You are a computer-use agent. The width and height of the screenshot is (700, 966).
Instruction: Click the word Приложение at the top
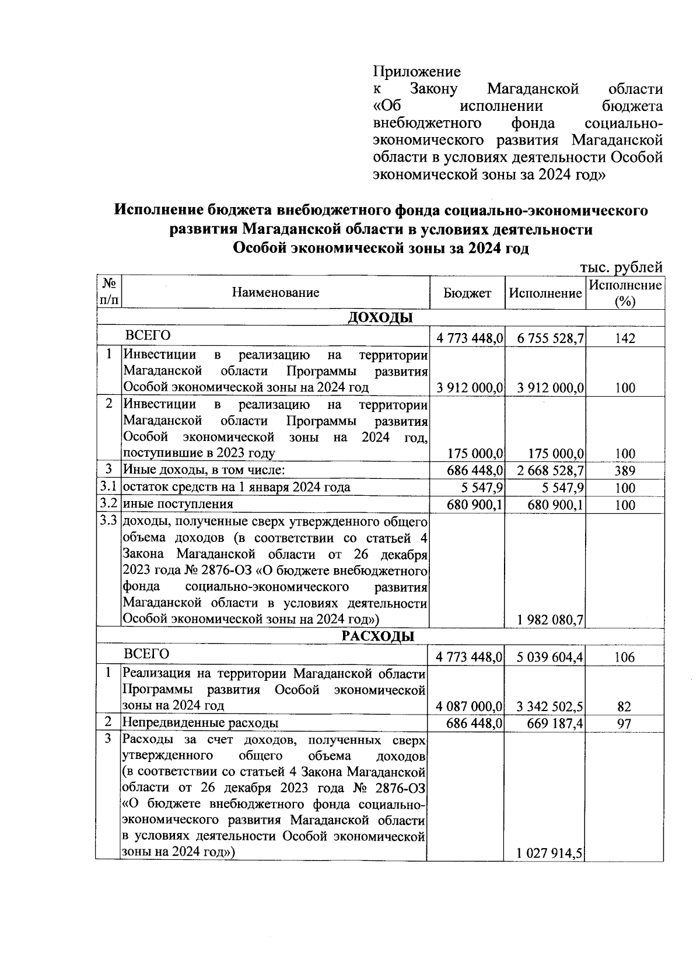pyautogui.click(x=416, y=72)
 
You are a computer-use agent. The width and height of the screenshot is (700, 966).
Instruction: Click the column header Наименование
pyautogui.click(x=275, y=293)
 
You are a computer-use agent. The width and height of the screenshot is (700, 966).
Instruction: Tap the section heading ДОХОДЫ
pyautogui.click(x=380, y=318)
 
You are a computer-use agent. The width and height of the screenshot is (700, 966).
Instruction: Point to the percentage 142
pyautogui.click(x=624, y=339)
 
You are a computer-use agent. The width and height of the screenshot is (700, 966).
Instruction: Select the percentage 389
pyautogui.click(x=624, y=471)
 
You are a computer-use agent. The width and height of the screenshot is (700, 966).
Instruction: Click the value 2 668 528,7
pyautogui.click(x=545, y=471)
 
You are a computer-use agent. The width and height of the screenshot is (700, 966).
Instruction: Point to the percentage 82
pyautogui.click(x=624, y=707)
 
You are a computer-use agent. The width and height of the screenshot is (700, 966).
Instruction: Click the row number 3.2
pyautogui.click(x=108, y=503)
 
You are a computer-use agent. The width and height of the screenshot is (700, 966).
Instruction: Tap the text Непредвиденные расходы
pyautogui.click(x=200, y=723)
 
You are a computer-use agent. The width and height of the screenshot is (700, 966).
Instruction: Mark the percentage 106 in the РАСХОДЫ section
pyautogui.click(x=624, y=657)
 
